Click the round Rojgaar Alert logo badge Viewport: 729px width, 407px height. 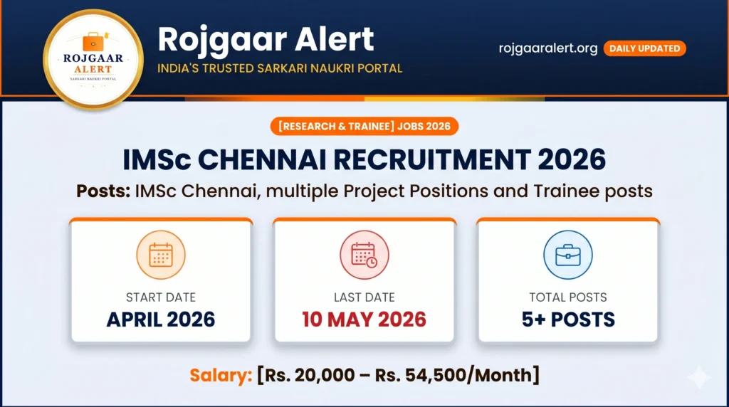point(93,60)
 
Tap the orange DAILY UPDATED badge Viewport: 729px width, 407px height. point(644,48)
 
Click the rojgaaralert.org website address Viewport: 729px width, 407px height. point(548,48)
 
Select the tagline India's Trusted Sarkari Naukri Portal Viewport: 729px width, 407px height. point(280,68)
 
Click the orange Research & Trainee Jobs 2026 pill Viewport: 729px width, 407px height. point(364,127)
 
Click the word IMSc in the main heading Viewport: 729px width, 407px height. point(156,161)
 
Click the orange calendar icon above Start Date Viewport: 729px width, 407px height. point(160,255)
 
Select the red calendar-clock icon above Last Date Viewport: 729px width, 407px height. point(364,255)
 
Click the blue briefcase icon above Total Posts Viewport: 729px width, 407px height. point(567,255)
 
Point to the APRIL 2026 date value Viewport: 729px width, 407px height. point(160,319)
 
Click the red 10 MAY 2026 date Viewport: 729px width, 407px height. point(364,319)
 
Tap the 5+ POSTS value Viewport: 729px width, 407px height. point(567,319)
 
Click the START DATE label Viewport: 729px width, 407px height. point(160,297)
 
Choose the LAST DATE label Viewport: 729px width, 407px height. point(364,297)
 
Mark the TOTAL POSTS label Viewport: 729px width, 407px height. point(567,297)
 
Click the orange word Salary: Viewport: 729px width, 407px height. point(221,374)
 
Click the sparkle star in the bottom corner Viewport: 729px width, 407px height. point(699,377)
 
